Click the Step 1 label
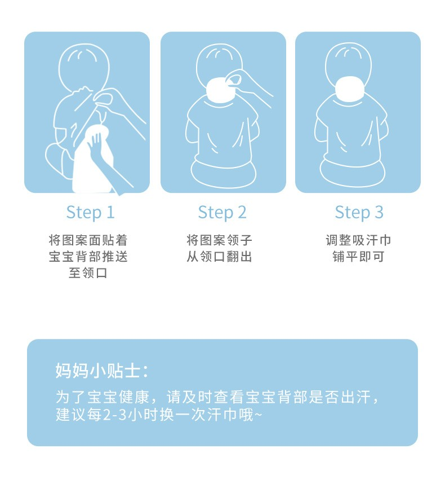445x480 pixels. click(91, 213)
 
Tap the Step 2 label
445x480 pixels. click(222, 213)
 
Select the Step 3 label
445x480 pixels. click(359, 213)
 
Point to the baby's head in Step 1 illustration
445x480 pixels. click(84, 67)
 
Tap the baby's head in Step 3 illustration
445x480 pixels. click(349, 64)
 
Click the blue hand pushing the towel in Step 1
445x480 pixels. click(105, 162)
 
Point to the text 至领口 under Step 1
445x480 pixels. click(88, 273)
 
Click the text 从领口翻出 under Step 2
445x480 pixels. click(219, 257)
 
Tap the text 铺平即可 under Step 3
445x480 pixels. click(358, 257)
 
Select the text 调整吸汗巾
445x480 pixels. click(358, 240)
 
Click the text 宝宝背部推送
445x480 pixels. click(88, 257)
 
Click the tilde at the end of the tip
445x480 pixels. click(258, 415)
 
